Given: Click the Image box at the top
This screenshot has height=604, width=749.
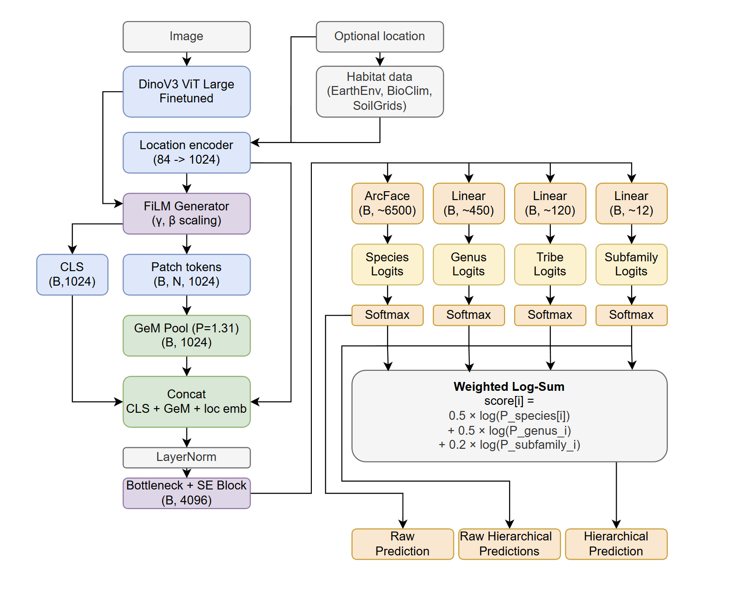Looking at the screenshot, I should (187, 36).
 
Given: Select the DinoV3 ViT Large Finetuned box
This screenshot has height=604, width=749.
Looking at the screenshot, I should (187, 92).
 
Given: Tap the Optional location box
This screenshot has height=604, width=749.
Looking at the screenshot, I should (380, 36).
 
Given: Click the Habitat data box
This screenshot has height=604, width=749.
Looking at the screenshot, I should (380, 92).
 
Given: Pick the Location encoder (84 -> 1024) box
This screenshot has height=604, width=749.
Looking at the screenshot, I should (187, 152).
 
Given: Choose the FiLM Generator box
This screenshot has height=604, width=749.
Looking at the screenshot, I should (187, 214).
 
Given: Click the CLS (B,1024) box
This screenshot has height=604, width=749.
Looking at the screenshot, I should (72, 274).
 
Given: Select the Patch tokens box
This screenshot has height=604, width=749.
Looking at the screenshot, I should (187, 274).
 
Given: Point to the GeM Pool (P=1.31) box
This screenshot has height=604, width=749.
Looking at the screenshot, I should (187, 336).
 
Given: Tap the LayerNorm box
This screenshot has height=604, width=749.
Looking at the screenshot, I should (187, 457).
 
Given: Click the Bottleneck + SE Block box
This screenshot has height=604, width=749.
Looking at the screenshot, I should (187, 493).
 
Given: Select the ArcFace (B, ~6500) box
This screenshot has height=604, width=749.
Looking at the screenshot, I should (387, 203).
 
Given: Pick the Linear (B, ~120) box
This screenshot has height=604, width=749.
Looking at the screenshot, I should (550, 203).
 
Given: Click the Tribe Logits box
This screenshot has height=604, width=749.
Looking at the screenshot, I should (550, 264).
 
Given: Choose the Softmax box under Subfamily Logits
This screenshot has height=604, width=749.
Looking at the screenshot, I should (631, 315).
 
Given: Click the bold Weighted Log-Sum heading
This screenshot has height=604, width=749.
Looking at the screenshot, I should (509, 387).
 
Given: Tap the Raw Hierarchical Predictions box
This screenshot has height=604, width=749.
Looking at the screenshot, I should (509, 544).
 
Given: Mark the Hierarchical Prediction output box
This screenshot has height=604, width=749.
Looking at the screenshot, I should (616, 544).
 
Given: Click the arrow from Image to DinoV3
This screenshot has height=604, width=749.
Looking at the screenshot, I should (187, 59).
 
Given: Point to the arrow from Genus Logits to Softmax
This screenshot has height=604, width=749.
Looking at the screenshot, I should (468, 295).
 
